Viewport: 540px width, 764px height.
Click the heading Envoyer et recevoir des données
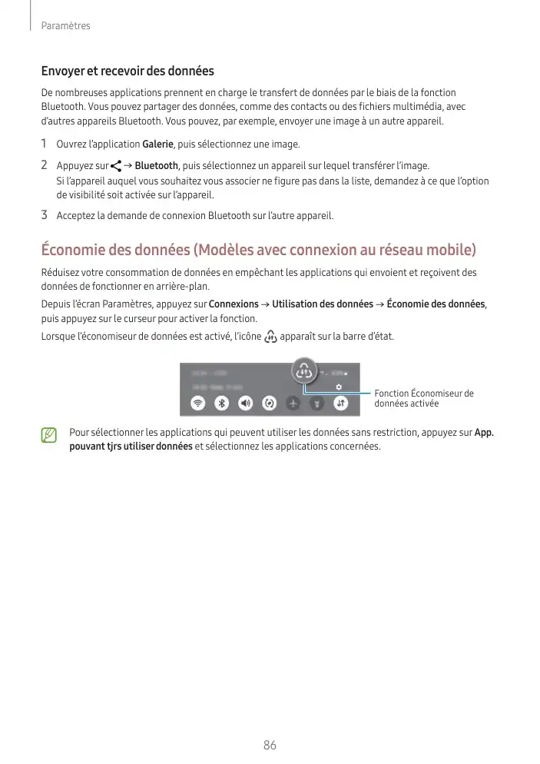pos(128,71)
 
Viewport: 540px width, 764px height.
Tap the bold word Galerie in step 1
pos(158,144)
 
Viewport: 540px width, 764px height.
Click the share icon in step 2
pos(116,166)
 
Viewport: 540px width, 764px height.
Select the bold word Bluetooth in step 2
pos(157,166)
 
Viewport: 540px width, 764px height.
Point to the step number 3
pos(45,214)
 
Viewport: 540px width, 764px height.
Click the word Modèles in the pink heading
pos(230,250)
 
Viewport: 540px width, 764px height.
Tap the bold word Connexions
pos(234,304)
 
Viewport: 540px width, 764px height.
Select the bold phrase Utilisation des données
pos(323,304)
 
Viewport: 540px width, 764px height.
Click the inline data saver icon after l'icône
pos(270,336)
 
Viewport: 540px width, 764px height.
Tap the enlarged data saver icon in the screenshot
pos(304,374)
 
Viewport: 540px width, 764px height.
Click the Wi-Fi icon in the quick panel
pos(197,402)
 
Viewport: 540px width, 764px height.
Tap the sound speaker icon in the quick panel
pos(245,402)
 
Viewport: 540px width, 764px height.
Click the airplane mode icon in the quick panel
pos(293,402)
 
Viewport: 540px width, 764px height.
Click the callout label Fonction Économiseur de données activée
pos(423,398)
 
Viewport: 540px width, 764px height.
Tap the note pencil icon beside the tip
pos(50,437)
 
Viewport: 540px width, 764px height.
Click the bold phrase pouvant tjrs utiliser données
pos(131,447)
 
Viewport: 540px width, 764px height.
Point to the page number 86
pos(270,745)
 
